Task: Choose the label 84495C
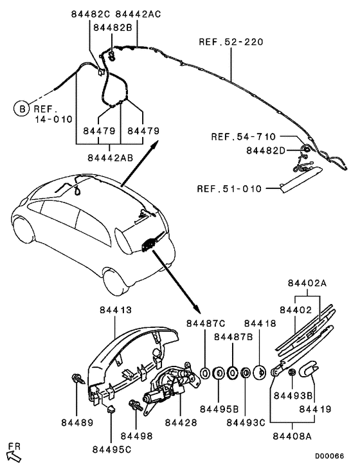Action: tap(112, 449)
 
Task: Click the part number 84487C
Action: tap(204, 323)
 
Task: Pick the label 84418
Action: tap(260, 323)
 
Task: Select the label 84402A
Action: tap(307, 283)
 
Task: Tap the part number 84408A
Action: tap(292, 436)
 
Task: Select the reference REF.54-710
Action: tap(243, 137)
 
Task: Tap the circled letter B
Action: tap(22, 109)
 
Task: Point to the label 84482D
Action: tap(265, 150)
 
